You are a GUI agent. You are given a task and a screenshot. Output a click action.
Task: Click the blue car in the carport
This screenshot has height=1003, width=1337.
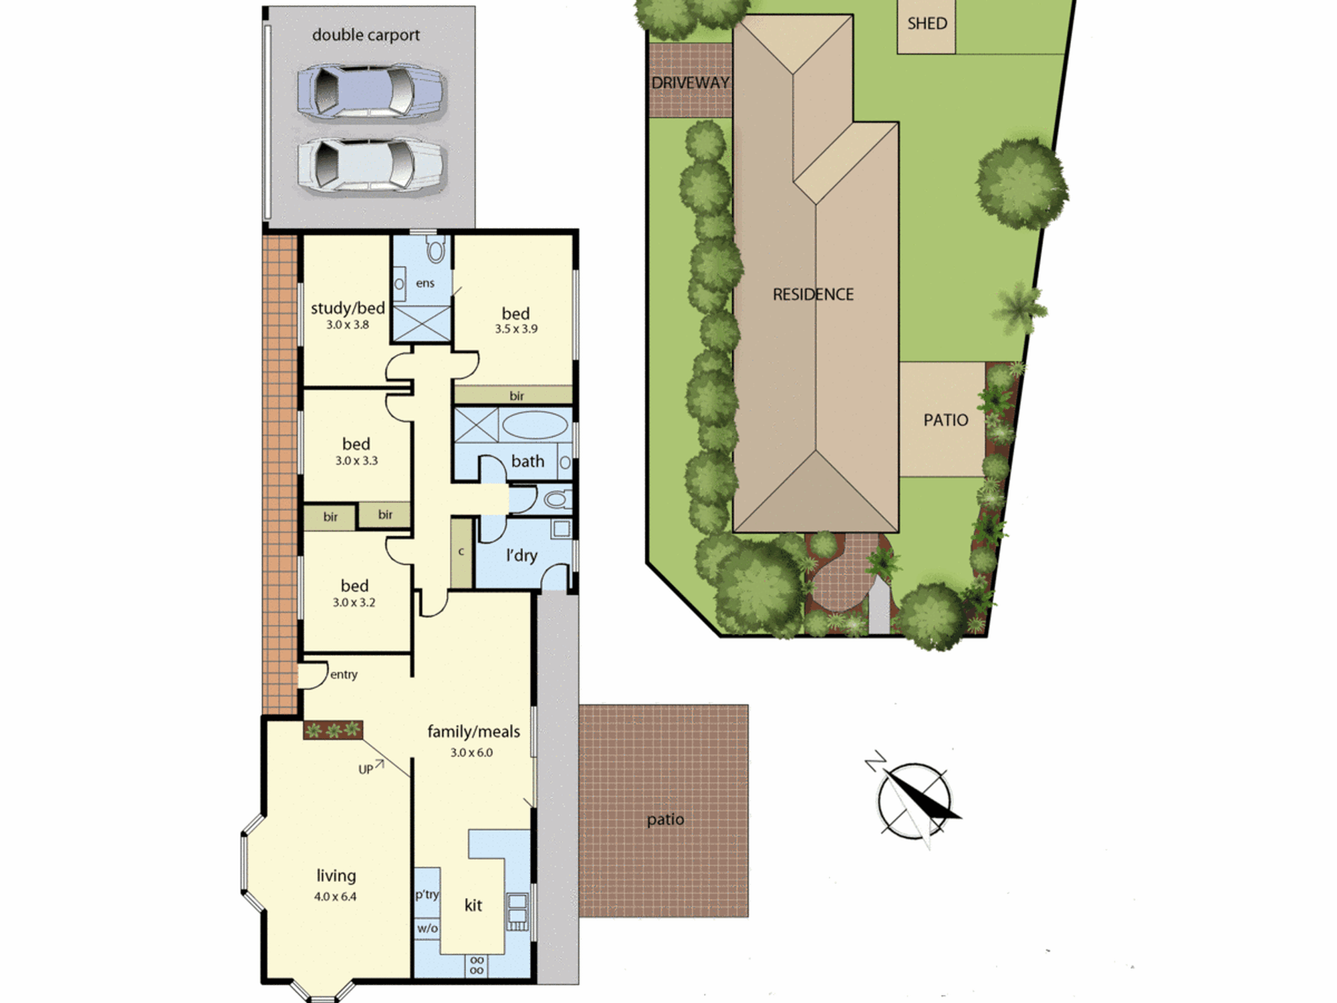click(x=370, y=92)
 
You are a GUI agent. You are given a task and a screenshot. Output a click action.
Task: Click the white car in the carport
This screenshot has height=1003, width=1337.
click(x=370, y=165)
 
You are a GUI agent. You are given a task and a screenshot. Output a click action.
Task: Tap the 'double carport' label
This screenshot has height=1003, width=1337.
click(x=366, y=35)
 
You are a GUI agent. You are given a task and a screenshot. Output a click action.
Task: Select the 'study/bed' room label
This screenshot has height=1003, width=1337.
click(x=348, y=308)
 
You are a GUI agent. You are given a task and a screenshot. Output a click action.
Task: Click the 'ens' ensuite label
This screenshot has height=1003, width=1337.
click(x=425, y=284)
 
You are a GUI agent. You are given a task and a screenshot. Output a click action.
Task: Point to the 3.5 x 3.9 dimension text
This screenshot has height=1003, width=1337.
click(x=516, y=329)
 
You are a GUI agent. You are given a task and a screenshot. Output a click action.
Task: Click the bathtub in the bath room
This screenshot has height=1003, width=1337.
click(x=535, y=425)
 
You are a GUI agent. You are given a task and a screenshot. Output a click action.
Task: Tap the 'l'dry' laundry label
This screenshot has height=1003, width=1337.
click(x=521, y=555)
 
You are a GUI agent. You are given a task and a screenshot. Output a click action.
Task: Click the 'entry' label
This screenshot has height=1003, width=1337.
click(x=344, y=675)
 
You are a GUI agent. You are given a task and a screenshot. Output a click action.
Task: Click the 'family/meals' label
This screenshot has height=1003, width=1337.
click(x=473, y=732)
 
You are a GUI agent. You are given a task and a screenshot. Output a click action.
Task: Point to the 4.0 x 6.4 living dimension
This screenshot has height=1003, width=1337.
click(x=336, y=897)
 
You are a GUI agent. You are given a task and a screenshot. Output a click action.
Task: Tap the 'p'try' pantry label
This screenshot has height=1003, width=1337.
click(x=427, y=895)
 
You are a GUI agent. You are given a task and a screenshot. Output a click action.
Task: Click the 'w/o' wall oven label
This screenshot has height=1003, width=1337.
click(x=427, y=928)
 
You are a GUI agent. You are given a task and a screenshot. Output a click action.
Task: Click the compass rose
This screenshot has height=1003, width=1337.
click(x=914, y=801)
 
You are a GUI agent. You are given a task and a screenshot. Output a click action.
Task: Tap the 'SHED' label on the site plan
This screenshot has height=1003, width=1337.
click(x=927, y=23)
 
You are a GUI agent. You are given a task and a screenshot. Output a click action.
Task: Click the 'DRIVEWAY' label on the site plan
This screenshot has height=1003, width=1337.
click(x=691, y=83)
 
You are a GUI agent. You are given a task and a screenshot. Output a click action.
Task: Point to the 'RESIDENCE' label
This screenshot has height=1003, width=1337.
click(x=813, y=294)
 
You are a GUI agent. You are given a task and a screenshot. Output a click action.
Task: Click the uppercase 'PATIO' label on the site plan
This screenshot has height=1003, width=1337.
click(x=945, y=420)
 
